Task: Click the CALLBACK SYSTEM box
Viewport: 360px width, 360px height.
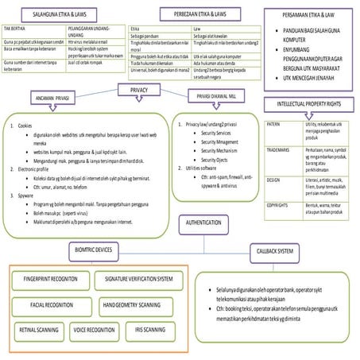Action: [275, 250]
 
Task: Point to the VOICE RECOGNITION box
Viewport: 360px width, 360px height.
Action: [94, 329]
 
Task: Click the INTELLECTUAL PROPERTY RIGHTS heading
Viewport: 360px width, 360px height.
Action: [308, 105]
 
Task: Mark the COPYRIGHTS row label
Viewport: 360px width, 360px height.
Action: [277, 205]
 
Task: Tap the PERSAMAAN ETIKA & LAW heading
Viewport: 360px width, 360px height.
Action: [313, 15]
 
